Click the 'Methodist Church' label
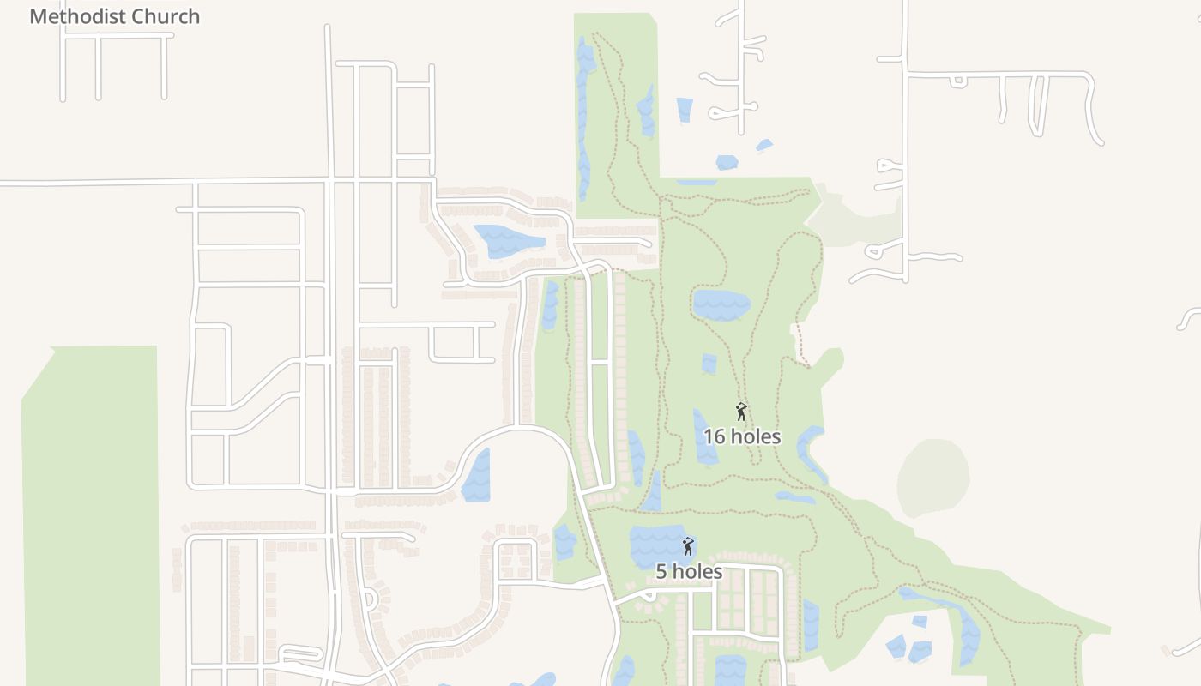click(x=114, y=16)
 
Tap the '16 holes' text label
click(x=742, y=436)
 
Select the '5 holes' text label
click(x=689, y=571)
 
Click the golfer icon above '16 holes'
click(x=741, y=412)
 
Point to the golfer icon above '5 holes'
click(x=687, y=546)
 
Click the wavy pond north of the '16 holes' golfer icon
click(x=721, y=305)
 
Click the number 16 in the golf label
click(x=714, y=436)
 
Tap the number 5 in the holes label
click(x=661, y=571)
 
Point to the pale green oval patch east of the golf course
click(x=933, y=478)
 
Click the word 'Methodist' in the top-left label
click(x=73, y=16)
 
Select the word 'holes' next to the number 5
click(x=697, y=571)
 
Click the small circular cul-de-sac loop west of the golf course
click(x=368, y=598)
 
